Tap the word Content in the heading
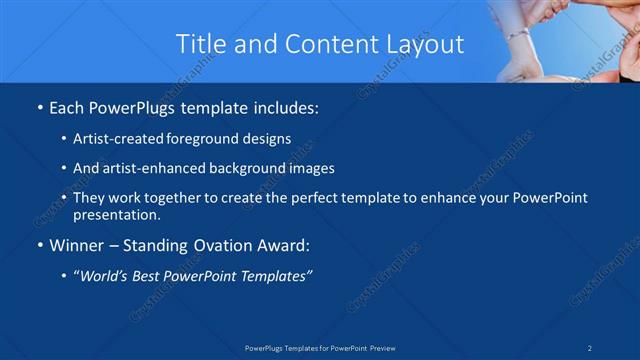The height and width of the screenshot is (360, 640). click(330, 44)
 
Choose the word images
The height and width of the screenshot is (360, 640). click(307, 168)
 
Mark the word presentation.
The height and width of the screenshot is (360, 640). click(116, 214)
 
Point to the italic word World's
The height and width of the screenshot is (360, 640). click(106, 275)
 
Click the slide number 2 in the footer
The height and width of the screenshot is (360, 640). click(590, 347)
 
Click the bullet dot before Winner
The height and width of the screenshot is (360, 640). click(39, 245)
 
